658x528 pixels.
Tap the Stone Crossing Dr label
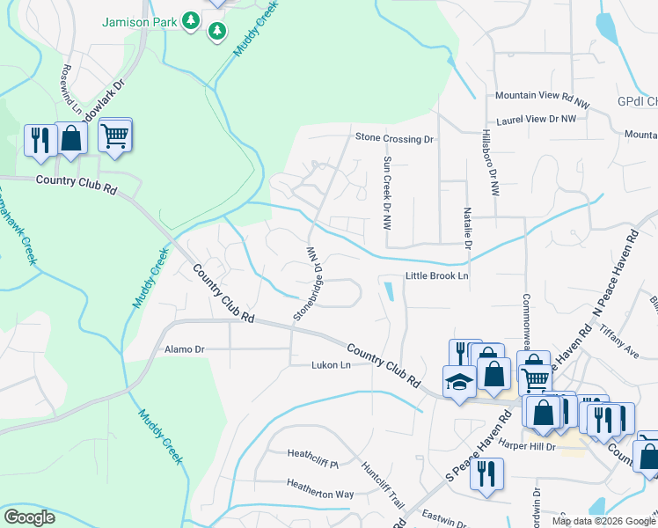pyautogui.click(x=395, y=138)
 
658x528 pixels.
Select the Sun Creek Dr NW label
pyautogui.click(x=386, y=194)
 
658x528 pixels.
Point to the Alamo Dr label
pyautogui.click(x=185, y=349)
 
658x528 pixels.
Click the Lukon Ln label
pyautogui.click(x=331, y=365)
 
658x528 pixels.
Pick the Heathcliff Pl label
pyautogui.click(x=313, y=454)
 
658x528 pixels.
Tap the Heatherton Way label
pyautogui.click(x=320, y=483)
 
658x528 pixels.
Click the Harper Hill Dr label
pyautogui.click(x=528, y=447)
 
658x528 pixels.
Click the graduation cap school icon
pyautogui.click(x=459, y=382)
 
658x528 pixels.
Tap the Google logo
pyautogui.click(x=29, y=517)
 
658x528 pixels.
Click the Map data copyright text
pyautogui.click(x=603, y=521)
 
